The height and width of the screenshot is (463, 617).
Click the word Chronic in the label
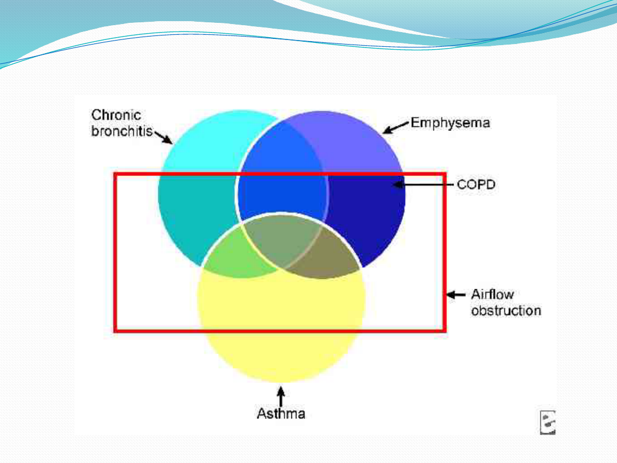click(x=117, y=115)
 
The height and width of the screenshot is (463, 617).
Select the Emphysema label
click(x=450, y=123)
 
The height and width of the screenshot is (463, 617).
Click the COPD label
click(x=476, y=185)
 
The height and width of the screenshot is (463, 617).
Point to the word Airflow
click(x=492, y=295)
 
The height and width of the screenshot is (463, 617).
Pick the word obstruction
click(x=506, y=311)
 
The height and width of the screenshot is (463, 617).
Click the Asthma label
click(x=281, y=413)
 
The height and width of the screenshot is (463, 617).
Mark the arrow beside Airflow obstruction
click(x=456, y=295)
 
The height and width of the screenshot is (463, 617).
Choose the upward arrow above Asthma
click(x=281, y=396)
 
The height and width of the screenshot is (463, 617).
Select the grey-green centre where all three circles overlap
click(x=282, y=240)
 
